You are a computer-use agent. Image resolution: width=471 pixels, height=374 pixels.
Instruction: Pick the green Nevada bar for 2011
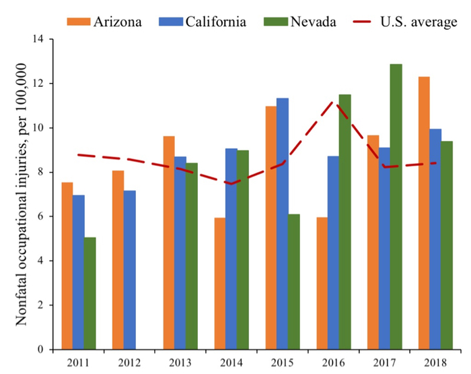89,293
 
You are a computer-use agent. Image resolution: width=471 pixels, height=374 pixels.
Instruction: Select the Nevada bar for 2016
345,222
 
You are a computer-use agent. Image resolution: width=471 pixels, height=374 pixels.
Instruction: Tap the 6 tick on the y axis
46,216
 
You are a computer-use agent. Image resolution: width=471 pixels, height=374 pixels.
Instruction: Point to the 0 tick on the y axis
46,349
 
